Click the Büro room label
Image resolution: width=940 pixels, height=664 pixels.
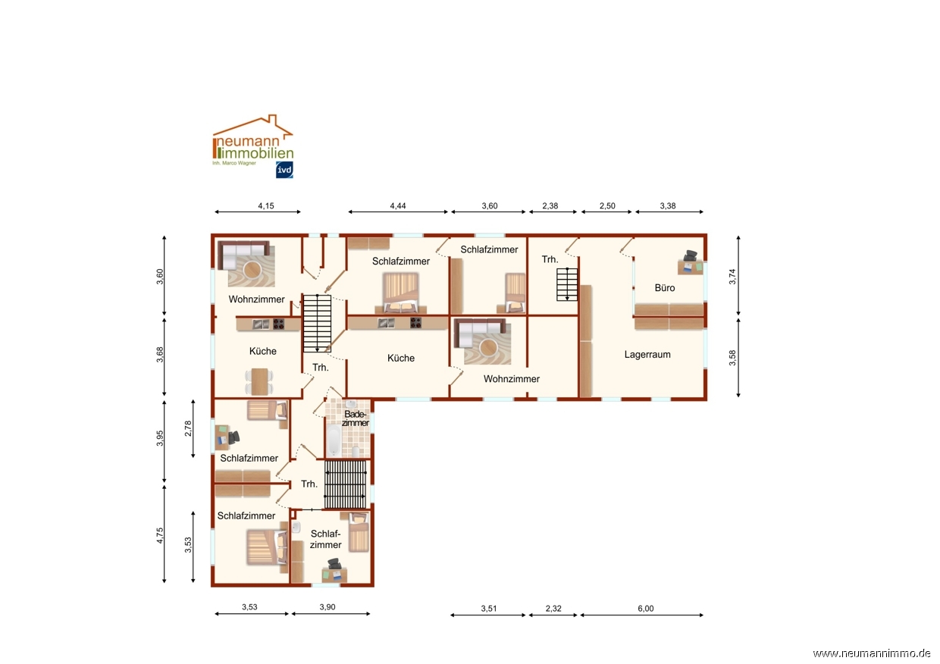[665, 288]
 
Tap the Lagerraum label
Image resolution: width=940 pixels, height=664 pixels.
[647, 355]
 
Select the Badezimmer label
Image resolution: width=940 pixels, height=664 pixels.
[356, 418]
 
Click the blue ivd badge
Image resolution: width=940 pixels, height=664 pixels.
[284, 170]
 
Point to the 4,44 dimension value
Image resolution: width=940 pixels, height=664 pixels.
[398, 205]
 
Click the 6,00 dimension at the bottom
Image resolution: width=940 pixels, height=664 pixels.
[646, 608]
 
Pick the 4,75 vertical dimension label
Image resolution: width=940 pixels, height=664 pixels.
[160, 535]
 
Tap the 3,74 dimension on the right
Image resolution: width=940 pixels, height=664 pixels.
[732, 277]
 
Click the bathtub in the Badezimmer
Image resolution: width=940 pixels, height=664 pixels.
[334, 440]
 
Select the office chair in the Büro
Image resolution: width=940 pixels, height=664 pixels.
[690, 255]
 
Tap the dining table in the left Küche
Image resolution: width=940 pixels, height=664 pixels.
[260, 381]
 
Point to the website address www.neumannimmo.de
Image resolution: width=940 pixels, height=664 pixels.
[872, 653]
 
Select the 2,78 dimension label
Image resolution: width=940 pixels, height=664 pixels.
[188, 428]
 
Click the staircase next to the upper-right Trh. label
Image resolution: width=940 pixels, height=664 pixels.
[567, 284]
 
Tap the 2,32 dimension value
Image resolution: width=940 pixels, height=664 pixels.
[553, 608]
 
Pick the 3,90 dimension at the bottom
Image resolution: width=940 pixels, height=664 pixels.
[327, 607]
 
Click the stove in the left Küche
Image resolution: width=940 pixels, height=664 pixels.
[279, 324]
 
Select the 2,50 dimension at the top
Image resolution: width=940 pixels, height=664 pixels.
[607, 205]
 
